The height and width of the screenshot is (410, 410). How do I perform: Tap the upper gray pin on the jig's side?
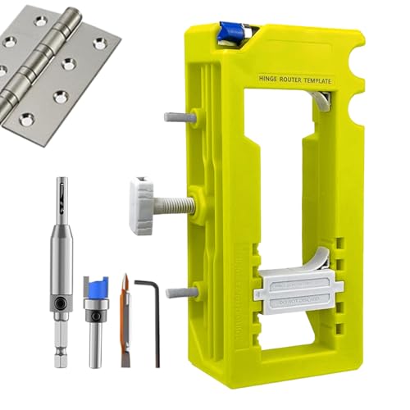click(180, 117)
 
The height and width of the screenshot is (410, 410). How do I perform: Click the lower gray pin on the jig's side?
click(180, 293)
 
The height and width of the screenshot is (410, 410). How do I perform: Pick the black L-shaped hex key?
click(148, 320)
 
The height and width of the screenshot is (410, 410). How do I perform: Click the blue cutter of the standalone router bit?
click(97, 288)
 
